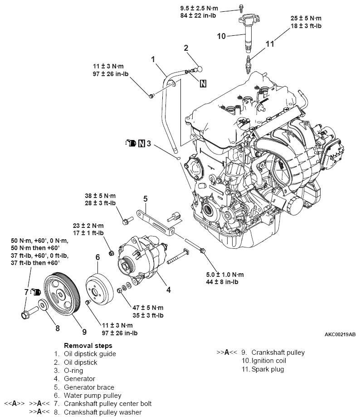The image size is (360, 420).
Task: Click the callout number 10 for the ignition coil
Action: [x=221, y=36]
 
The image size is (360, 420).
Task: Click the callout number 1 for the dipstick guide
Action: [x=153, y=59]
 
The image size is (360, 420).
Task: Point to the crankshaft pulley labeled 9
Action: [x=63, y=294]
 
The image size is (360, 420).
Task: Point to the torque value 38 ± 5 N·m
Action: [x=100, y=196]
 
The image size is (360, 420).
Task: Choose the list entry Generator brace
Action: [x=89, y=387]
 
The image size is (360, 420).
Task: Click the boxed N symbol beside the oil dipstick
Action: [x=203, y=83]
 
